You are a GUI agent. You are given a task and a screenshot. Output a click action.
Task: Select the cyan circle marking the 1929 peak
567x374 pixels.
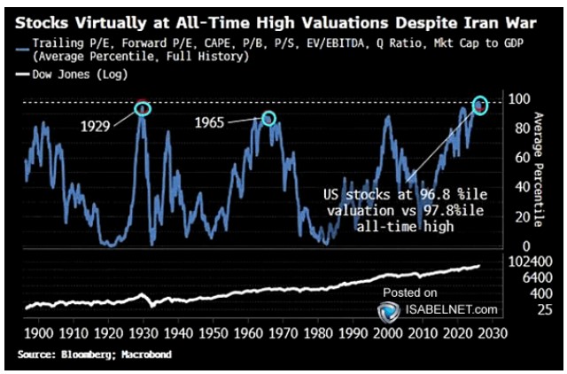[x=142, y=108]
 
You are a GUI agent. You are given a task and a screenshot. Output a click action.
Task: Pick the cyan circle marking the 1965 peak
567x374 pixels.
[x=268, y=118]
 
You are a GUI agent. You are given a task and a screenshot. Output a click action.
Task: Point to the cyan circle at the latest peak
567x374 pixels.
[x=481, y=105]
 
